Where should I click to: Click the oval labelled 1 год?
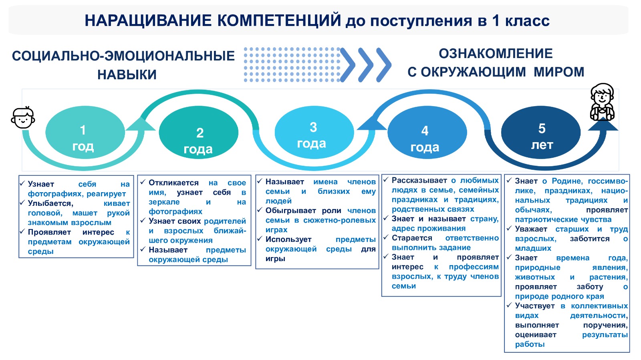(x=85, y=133)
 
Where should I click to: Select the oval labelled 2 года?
(x=199, y=133)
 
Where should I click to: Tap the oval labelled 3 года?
(x=314, y=133)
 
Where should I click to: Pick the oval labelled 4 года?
(x=427, y=133)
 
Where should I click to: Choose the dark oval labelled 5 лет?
(x=541, y=133)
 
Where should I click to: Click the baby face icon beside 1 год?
(x=23, y=117)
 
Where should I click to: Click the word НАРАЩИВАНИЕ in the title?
(x=148, y=21)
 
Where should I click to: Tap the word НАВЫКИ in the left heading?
(x=127, y=74)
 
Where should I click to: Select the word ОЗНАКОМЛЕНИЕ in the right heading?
(x=496, y=54)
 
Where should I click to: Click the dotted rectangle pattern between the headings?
(x=292, y=65)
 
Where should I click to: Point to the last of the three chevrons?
(x=384, y=65)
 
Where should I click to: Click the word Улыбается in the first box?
(x=50, y=203)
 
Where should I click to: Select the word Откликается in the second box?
(x=174, y=183)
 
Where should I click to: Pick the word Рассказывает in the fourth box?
(x=419, y=181)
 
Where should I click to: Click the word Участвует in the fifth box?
(x=535, y=306)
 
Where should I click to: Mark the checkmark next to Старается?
(x=386, y=237)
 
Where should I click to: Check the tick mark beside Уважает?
(x=509, y=228)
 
